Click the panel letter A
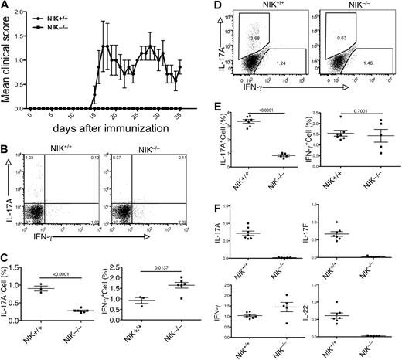point(6,7)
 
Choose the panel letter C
point(6,261)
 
